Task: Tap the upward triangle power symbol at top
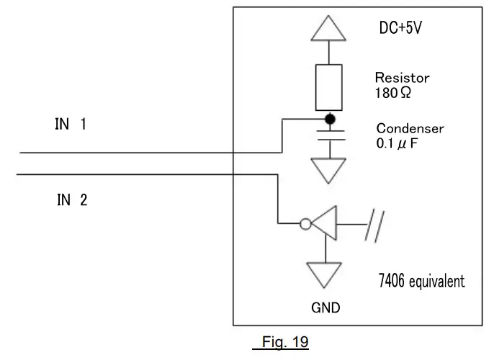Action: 329,28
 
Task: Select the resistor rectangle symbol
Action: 329,85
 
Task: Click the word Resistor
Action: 402,77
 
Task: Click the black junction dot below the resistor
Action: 329,119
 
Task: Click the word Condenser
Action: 410,129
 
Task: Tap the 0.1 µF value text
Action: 397,145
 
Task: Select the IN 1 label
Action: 71,125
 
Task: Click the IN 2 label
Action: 72,200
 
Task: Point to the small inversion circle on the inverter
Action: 305,225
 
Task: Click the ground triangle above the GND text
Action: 325,274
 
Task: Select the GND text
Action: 325,307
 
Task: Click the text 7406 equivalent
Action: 421,280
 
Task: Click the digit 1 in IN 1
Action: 83,125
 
